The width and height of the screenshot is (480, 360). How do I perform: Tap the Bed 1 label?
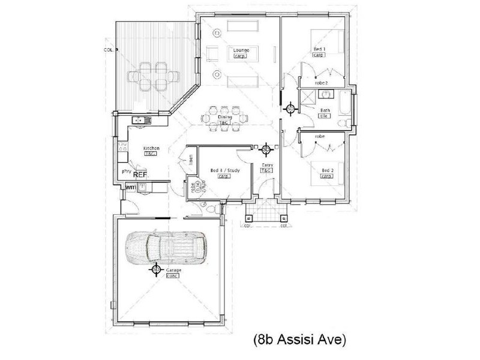click(319, 49)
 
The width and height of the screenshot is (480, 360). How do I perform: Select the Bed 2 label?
click(327, 170)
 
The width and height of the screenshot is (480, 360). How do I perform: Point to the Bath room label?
click(325, 110)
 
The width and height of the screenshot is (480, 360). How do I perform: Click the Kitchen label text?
click(150, 148)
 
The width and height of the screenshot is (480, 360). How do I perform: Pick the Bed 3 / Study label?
click(225, 170)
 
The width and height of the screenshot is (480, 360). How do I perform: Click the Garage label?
click(174, 271)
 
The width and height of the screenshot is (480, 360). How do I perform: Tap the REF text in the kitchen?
click(140, 176)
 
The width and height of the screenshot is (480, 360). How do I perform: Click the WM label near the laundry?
click(130, 188)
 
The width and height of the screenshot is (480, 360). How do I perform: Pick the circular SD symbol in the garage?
click(155, 271)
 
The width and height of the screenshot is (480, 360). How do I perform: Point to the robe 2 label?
click(322, 83)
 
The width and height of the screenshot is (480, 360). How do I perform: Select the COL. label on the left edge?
click(108, 50)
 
